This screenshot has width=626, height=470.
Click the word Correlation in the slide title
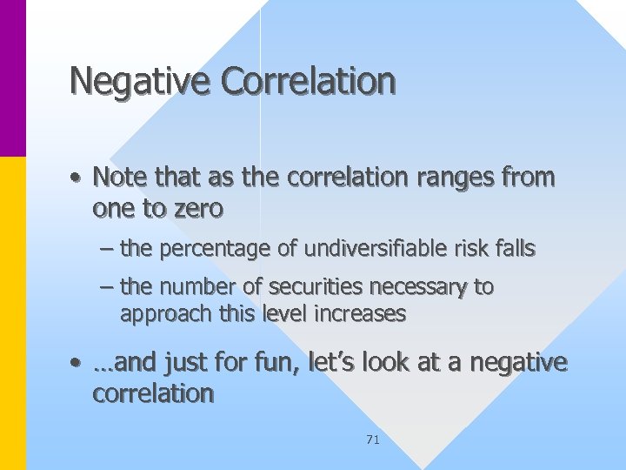tap(308, 81)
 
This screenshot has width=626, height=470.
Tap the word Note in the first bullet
tap(119, 178)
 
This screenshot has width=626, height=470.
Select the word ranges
tap(463, 178)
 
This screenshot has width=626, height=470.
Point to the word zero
tap(197, 209)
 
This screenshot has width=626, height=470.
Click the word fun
tap(276, 362)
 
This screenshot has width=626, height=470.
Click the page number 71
tap(373, 440)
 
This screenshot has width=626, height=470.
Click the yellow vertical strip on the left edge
tap(13, 313)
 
